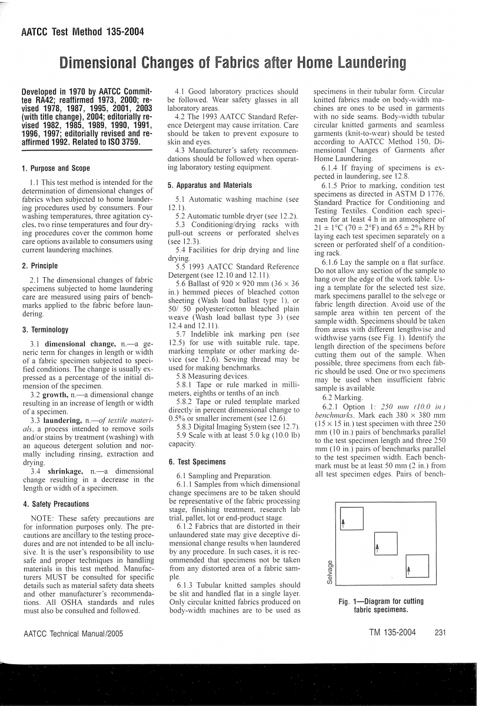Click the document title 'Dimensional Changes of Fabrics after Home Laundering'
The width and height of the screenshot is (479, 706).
231,62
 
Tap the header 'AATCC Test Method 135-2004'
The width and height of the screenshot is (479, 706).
82,32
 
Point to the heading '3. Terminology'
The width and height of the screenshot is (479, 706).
45,329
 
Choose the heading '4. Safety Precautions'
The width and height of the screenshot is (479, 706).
55,504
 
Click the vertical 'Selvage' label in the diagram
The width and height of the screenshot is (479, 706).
331,572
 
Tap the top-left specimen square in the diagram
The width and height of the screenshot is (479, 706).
351,518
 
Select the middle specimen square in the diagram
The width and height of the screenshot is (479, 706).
385,544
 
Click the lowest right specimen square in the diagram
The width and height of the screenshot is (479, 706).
417,566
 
